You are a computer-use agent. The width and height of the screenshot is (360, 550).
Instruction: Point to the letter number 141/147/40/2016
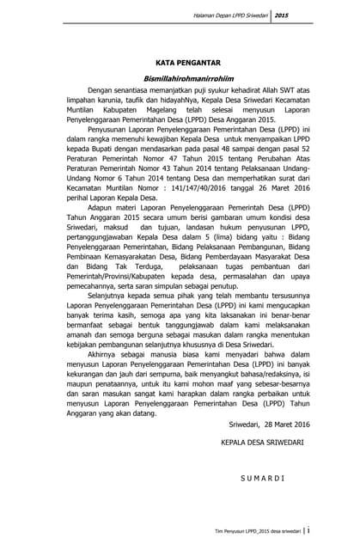183,201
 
